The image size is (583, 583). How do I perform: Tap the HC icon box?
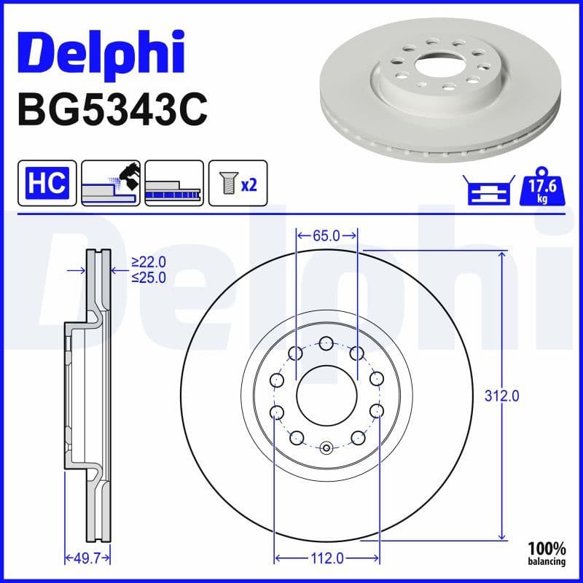[47, 182]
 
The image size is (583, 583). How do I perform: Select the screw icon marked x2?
[238, 182]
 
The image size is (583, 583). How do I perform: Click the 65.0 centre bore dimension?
[326, 235]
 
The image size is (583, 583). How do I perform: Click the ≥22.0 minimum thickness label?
[149, 262]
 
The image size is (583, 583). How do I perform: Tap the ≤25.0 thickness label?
[149, 277]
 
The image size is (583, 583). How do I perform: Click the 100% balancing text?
[547, 553]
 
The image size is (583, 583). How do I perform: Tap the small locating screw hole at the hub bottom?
[326, 447]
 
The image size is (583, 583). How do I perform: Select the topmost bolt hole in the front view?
[326, 343]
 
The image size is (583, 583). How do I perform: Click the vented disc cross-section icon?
[173, 182]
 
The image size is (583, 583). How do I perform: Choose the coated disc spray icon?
[110, 182]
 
